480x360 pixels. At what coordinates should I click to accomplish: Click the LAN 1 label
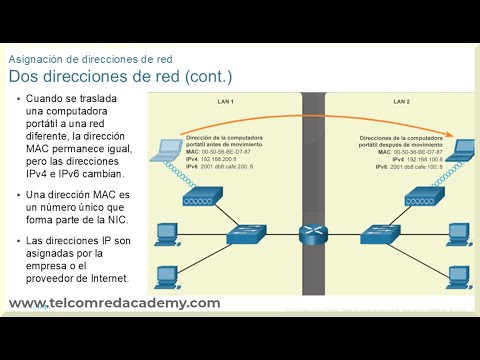(x=225, y=102)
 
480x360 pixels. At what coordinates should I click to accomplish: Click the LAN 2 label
(x=401, y=102)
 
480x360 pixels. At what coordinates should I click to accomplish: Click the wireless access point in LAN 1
(x=196, y=198)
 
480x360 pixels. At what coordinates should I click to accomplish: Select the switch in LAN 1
(x=244, y=235)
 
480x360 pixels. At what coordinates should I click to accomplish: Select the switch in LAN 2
(x=381, y=235)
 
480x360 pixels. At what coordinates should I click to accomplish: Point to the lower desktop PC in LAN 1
(x=165, y=275)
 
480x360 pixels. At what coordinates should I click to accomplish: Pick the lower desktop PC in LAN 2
(x=459, y=275)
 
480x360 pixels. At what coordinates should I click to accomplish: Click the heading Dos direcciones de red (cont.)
(x=120, y=76)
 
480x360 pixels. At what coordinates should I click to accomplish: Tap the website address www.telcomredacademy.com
(x=114, y=303)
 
